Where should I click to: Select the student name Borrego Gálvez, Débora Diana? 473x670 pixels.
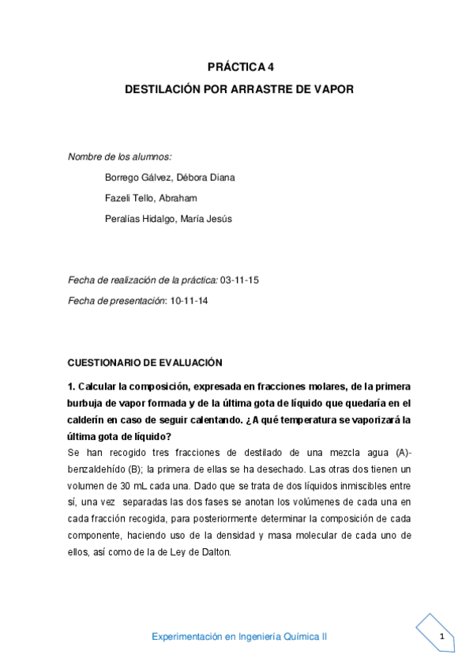(169, 177)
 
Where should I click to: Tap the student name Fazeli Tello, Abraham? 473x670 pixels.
(151, 198)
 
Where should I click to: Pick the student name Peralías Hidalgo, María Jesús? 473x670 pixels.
(168, 218)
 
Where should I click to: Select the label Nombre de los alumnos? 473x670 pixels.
(119, 156)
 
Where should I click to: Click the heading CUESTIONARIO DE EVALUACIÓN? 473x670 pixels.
(145, 362)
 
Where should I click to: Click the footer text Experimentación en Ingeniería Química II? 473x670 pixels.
(239, 637)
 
